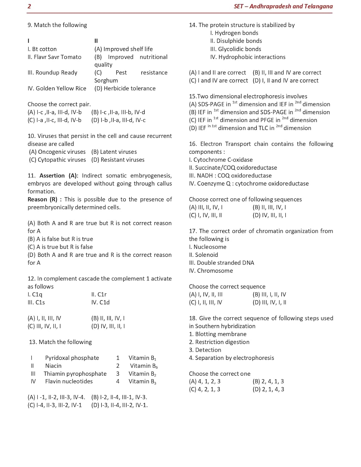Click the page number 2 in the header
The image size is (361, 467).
tap(29, 6)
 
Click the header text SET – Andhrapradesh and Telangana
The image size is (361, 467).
tap(283, 6)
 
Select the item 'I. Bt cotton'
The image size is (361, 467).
tap(42, 49)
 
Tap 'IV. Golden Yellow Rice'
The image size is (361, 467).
tap(57, 88)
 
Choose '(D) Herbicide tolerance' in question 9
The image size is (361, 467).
tap(125, 88)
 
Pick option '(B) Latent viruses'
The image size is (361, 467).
tap(114, 152)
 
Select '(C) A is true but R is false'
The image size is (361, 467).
tap(60, 247)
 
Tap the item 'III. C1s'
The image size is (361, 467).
tap(36, 302)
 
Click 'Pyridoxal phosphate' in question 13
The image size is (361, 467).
tap(72, 358)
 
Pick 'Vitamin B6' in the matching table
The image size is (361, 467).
tap(144, 366)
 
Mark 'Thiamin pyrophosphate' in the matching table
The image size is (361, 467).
tap(75, 374)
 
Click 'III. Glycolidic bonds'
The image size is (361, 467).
tap(235, 49)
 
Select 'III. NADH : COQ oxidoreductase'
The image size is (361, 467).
tap(230, 176)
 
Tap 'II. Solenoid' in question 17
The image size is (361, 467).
tap(203, 255)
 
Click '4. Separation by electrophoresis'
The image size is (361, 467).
tap(231, 358)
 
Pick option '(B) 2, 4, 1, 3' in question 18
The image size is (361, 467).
tap(268, 381)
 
